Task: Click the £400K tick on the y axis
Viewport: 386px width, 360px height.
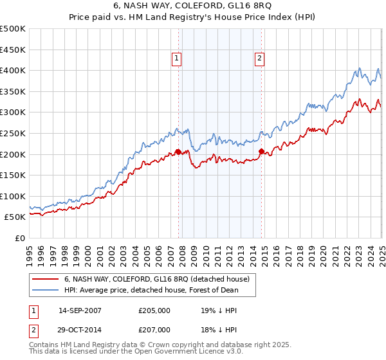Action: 13,70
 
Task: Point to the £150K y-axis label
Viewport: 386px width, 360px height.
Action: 13,175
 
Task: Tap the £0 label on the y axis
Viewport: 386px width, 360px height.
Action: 19,238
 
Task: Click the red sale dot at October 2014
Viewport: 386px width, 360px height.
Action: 261,151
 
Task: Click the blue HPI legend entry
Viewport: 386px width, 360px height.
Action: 151,290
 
